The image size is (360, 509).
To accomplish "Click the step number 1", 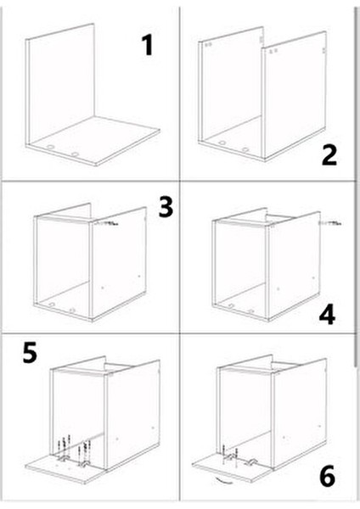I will pos(148,43).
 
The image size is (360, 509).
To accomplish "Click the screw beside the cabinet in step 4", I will pos(329,223).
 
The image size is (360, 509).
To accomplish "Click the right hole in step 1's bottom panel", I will pos(76,154).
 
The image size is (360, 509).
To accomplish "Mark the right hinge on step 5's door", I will pos(83,464).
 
